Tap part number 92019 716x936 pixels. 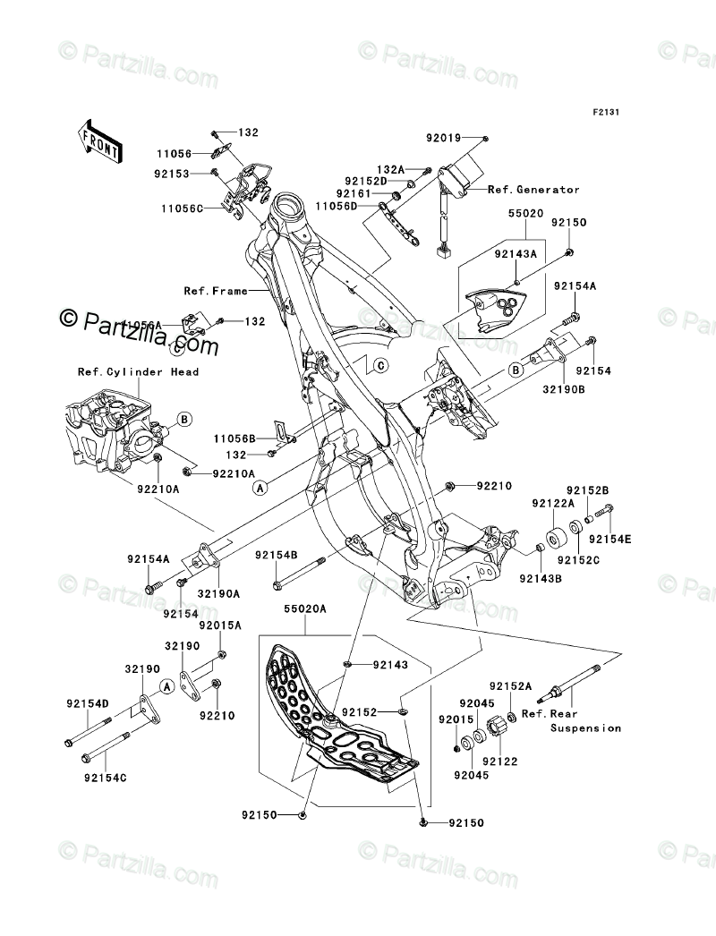tap(443, 139)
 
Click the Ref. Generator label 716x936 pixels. tap(533, 190)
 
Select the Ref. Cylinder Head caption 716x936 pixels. tap(138, 372)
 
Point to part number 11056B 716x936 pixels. tap(234, 438)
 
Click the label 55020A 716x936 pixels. tap(305, 606)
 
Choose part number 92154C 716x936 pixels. tap(107, 778)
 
